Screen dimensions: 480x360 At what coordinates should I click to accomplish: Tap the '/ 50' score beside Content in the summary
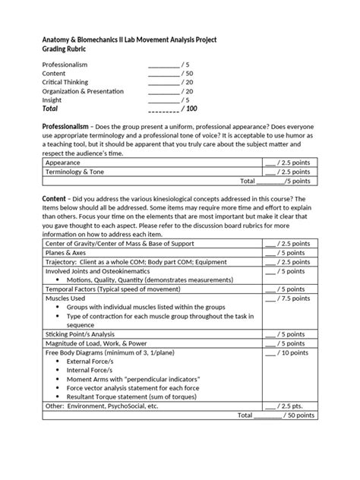coord(186,74)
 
